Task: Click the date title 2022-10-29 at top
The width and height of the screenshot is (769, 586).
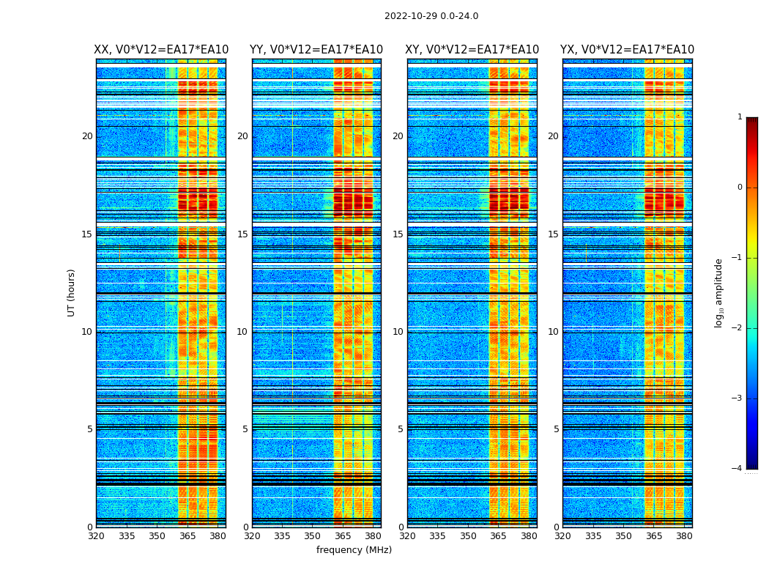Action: click(x=431, y=16)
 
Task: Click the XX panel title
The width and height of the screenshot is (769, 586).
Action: click(x=161, y=50)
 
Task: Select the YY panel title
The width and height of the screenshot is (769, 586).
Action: click(x=316, y=50)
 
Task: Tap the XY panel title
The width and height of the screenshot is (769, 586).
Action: click(x=472, y=50)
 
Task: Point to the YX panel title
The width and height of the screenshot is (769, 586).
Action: click(x=627, y=50)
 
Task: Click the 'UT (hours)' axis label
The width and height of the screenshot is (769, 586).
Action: click(x=72, y=292)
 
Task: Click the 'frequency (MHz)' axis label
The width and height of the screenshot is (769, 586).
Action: click(x=354, y=550)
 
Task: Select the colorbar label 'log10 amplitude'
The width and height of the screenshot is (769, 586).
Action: click(x=719, y=292)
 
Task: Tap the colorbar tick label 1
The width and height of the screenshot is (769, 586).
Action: click(x=740, y=117)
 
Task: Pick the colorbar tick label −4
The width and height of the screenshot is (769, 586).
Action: click(x=738, y=469)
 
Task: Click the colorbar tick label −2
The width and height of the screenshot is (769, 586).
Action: click(x=738, y=328)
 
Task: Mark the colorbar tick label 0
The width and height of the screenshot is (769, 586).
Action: click(x=740, y=188)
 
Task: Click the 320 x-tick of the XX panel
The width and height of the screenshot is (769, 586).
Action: click(x=96, y=536)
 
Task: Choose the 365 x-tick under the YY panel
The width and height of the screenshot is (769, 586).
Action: click(x=343, y=536)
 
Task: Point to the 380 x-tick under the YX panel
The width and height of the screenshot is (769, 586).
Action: click(x=684, y=536)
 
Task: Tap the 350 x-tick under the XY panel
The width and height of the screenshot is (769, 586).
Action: click(x=468, y=536)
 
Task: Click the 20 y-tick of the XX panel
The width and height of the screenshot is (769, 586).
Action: click(x=87, y=136)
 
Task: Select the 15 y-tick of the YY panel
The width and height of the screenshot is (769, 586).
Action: click(x=242, y=234)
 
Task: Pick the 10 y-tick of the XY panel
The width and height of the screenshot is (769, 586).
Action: click(x=398, y=332)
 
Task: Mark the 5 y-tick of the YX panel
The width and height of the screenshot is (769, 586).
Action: click(x=556, y=429)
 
